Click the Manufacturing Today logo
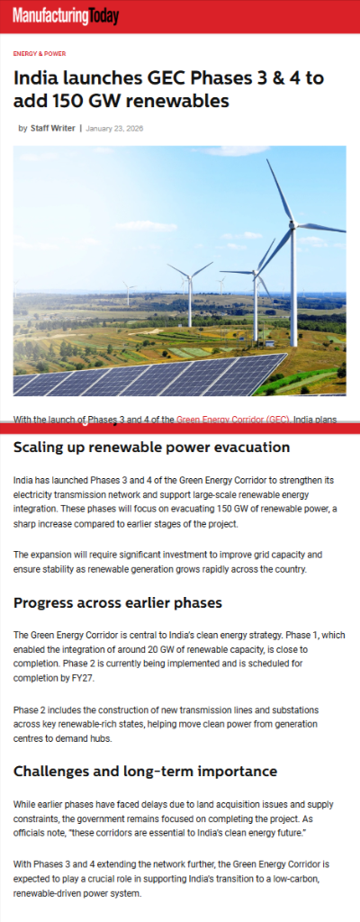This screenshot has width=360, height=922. coord(66,15)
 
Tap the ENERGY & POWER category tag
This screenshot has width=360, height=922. coord(39,54)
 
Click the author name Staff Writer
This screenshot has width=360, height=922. coord(53,128)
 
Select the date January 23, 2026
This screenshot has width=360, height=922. coord(115,128)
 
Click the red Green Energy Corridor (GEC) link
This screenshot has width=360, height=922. coord(233,420)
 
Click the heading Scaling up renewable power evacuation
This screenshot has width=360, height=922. coord(151,447)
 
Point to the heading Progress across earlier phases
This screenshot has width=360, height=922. coord(118,602)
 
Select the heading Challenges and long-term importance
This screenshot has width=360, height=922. coord(145,771)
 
